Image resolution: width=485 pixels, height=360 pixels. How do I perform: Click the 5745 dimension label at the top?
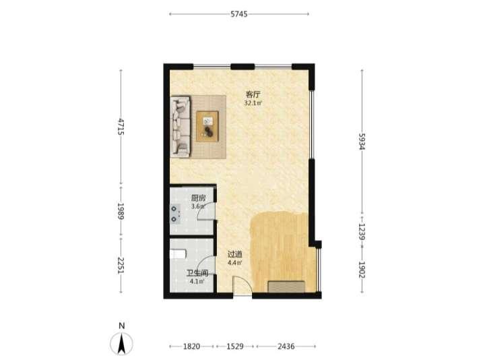238,14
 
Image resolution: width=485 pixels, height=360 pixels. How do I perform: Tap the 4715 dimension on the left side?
121,127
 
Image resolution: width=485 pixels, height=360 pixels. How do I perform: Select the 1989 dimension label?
121,211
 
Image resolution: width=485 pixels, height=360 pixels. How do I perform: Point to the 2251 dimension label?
121,265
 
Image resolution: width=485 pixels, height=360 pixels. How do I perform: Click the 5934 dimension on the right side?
362,142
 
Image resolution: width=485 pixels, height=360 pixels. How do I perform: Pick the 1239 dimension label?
362,232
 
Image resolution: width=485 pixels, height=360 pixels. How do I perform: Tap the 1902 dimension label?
362,270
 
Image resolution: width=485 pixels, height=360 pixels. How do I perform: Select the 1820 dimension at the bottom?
191,347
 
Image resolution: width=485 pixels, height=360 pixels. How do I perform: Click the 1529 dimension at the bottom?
235,347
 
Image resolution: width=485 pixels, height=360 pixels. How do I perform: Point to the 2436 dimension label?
286,347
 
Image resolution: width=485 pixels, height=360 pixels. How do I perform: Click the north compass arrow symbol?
121,344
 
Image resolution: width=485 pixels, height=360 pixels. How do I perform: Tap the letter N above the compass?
121,326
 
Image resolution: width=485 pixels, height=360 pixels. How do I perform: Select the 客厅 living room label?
253,94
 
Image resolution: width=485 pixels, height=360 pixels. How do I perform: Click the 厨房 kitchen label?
198,198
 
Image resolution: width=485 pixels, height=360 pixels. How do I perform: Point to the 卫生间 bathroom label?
197,273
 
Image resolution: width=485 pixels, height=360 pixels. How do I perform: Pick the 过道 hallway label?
235,254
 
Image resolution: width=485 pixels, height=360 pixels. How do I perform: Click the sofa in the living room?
181,126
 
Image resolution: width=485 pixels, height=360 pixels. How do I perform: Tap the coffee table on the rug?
207,126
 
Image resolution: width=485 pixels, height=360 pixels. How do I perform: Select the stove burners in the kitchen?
175,214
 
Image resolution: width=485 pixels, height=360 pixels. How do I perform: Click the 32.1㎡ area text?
253,103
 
